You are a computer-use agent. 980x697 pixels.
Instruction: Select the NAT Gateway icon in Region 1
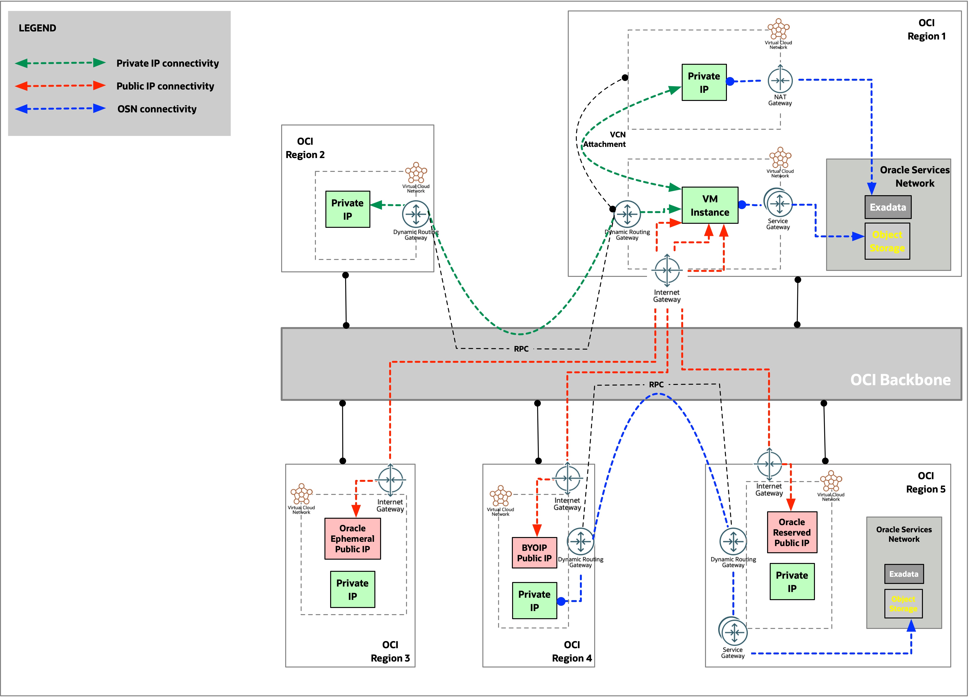[x=780, y=80]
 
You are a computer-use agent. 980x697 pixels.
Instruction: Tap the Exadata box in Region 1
[x=887, y=207]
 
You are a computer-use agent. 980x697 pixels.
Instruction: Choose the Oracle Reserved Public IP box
[x=791, y=532]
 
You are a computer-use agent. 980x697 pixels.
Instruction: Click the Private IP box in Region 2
[x=347, y=209]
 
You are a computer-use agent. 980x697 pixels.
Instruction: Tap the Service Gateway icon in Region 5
[x=733, y=632]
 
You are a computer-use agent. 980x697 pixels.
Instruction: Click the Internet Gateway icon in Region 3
[x=390, y=479]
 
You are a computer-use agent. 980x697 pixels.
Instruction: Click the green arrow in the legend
[x=60, y=63]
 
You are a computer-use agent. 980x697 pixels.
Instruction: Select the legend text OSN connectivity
[x=157, y=109]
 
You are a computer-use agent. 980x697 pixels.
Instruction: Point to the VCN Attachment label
[x=604, y=139]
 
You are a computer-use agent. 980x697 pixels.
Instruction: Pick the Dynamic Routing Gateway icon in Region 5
[x=733, y=542]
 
